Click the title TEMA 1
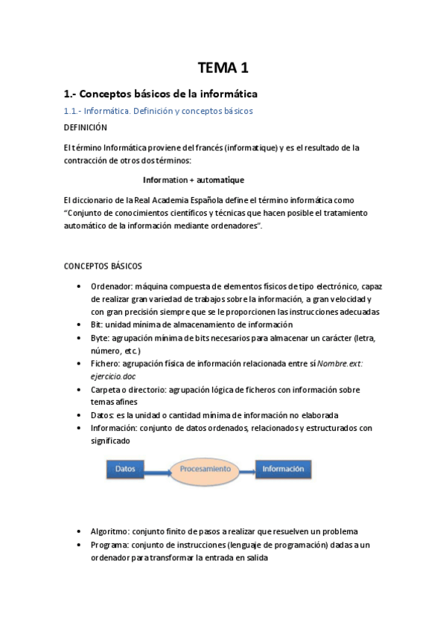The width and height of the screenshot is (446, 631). tap(223, 68)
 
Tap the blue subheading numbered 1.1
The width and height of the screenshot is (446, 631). tap(158, 111)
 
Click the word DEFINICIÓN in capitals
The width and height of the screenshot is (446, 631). tap(86, 127)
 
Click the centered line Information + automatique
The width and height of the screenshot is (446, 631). tap(194, 180)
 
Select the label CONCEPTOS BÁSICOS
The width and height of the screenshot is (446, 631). tap(103, 266)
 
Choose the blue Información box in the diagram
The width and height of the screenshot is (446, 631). tap(282, 470)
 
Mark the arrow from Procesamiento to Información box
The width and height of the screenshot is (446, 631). tap(250, 470)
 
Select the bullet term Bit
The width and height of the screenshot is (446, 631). tap(97, 324)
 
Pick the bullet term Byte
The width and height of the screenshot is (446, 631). tap(100, 338)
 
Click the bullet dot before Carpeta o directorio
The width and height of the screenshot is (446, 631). tap(80, 389)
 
